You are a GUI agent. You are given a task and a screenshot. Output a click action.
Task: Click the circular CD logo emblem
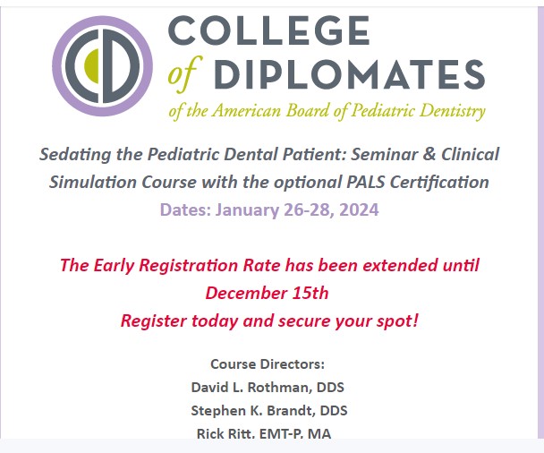[102, 66]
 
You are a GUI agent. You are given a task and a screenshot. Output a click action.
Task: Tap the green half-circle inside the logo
[92, 66]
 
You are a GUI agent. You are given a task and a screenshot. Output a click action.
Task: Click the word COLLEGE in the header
[269, 30]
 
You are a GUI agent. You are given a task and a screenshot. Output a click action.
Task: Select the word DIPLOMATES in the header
[349, 74]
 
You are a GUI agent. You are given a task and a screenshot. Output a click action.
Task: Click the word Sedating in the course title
[75, 155]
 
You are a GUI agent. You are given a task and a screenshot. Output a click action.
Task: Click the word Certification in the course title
[439, 183]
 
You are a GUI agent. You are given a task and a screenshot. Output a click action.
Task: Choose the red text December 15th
[267, 293]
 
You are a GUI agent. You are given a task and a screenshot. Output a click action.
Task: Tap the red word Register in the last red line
[154, 321]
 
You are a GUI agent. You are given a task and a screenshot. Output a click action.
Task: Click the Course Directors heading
[268, 364]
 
